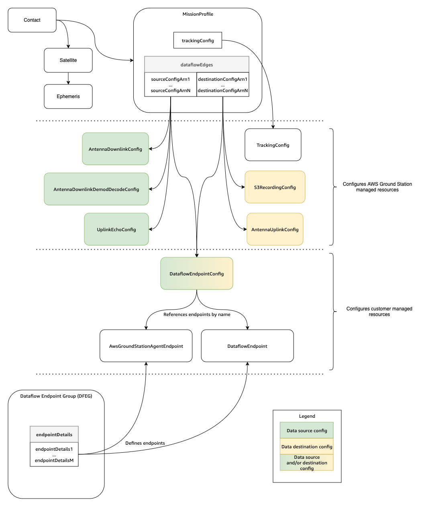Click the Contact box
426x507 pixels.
32,20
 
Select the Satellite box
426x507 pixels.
68,60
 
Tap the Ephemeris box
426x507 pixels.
68,96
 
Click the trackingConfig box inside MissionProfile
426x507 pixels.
198,40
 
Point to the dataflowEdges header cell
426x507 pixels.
197,64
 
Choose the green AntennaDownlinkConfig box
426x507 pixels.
115,149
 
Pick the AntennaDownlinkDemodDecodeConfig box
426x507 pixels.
96,189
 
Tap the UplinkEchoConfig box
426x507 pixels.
116,229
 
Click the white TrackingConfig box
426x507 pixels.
273,145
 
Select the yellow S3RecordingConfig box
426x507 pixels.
275,187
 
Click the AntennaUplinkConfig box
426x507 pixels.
275,229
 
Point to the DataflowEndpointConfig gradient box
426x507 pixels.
197,273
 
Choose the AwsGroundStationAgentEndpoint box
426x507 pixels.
146,346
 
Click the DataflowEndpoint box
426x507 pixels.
247,346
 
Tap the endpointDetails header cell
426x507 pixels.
54,434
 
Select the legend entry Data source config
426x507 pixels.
307,430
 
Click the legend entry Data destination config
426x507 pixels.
307,446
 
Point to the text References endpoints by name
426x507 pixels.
197,314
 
